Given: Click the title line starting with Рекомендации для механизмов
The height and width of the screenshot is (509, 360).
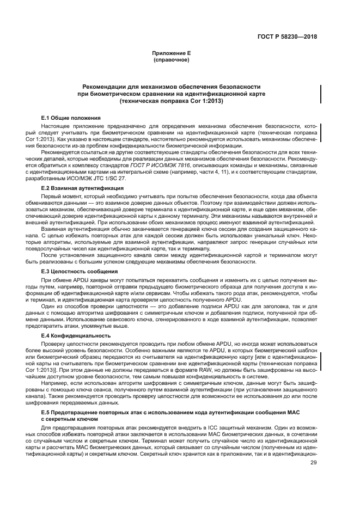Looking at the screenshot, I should pos(171,87).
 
